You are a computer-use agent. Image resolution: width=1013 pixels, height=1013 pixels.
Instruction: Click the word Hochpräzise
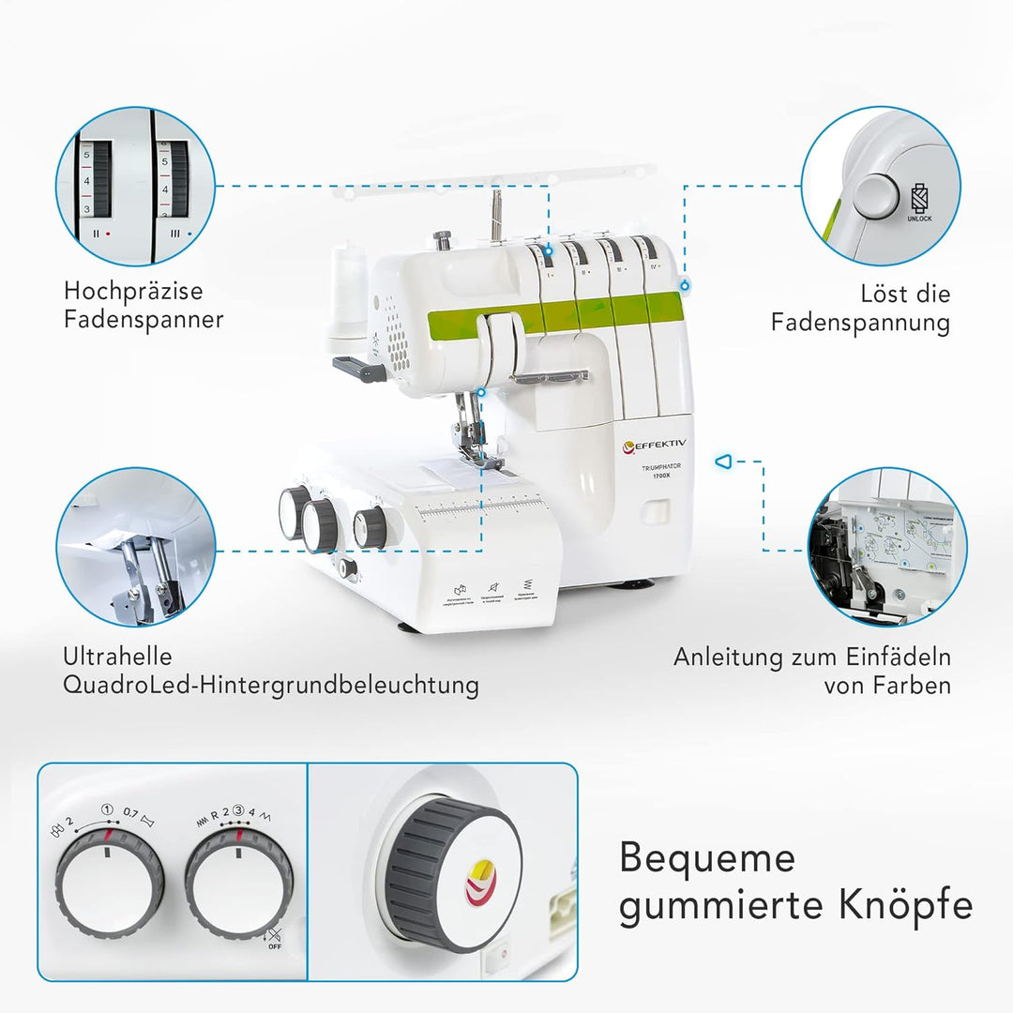pyautogui.click(x=133, y=292)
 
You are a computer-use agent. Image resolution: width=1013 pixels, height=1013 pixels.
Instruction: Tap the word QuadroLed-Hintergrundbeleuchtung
pyautogui.click(x=271, y=685)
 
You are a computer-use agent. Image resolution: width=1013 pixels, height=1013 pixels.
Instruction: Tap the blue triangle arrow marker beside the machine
pyautogui.click(x=722, y=461)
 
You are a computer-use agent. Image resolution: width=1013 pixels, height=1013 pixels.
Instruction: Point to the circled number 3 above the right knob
pyautogui.click(x=238, y=812)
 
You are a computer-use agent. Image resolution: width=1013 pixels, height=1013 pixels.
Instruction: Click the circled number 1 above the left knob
pyautogui.click(x=107, y=810)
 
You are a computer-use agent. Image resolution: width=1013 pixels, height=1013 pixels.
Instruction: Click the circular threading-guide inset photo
pyautogui.click(x=886, y=547)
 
